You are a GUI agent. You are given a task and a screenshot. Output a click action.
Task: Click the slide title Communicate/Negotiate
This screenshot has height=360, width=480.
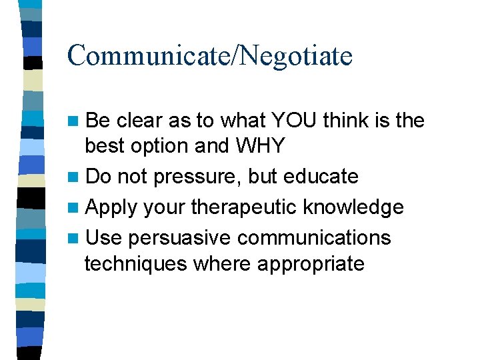pyautogui.click(x=209, y=56)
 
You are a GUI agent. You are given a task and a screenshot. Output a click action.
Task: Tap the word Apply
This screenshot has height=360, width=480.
pyautogui.click(x=111, y=207)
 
